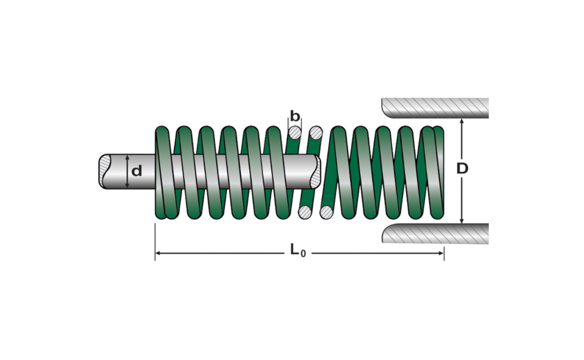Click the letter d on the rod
(137, 171)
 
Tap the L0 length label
(298, 251)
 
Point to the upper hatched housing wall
(435, 107)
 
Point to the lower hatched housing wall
(435, 234)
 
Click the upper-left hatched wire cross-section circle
(295, 133)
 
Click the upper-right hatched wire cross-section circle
(316, 133)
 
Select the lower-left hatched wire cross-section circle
(304, 212)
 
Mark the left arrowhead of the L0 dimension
(158, 253)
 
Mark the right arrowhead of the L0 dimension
(442, 253)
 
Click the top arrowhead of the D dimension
(462, 122)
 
